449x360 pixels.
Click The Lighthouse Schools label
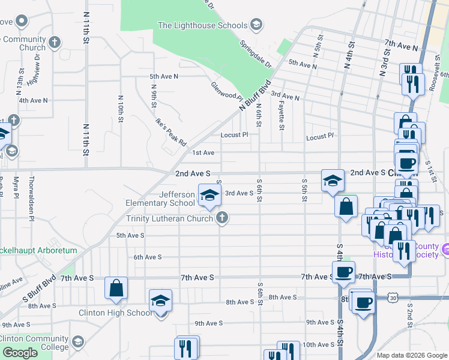pyautogui.click(x=202, y=25)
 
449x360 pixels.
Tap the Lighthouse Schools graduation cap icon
pyautogui.click(x=256, y=25)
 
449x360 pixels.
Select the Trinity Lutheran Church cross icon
pyautogui.click(x=222, y=218)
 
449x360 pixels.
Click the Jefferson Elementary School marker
pyautogui.click(x=209, y=196)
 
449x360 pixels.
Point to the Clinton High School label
pyautogui.click(x=115, y=313)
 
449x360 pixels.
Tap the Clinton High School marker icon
pyautogui.click(x=160, y=301)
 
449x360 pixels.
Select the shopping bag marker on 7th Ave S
pyautogui.click(x=116, y=288)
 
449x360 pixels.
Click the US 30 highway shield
pyautogui.click(x=392, y=297)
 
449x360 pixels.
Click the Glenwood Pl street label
pyautogui.click(x=226, y=92)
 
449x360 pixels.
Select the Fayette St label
pyautogui.click(x=281, y=114)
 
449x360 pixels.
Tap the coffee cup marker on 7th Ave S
pyautogui.click(x=344, y=272)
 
